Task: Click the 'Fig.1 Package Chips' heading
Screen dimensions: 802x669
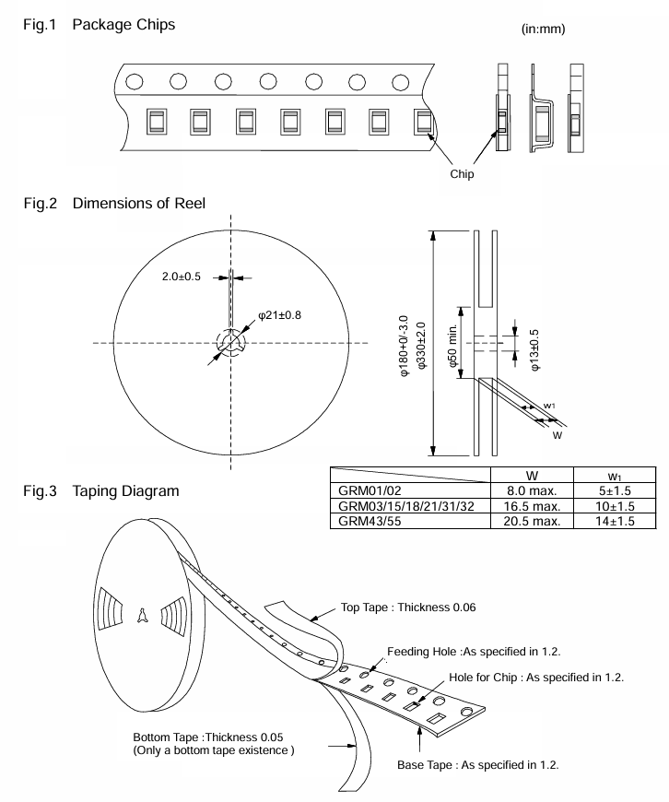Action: pyautogui.click(x=99, y=24)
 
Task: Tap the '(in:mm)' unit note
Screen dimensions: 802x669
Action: pyautogui.click(x=544, y=29)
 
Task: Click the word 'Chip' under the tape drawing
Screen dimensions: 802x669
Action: pyautogui.click(x=462, y=174)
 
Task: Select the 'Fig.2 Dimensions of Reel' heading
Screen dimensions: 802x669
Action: pyautogui.click(x=114, y=203)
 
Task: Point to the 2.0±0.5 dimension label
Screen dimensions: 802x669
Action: pyautogui.click(x=180, y=276)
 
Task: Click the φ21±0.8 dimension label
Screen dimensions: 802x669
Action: pyautogui.click(x=280, y=314)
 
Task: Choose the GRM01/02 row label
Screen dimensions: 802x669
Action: pyautogui.click(x=370, y=490)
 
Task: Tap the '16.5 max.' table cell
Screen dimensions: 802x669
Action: pyautogui.click(x=532, y=505)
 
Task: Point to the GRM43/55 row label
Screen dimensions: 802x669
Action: pyautogui.click(x=370, y=521)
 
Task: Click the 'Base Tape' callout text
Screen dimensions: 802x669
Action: pyautogui.click(x=478, y=765)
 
